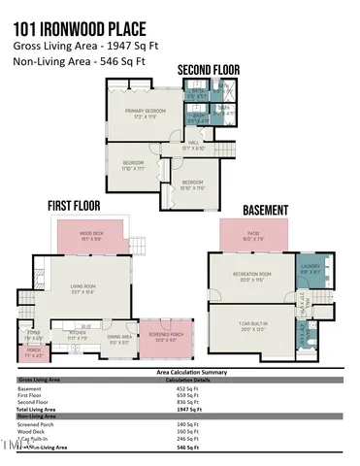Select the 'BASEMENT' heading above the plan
coord(263,209)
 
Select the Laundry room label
coord(309,269)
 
